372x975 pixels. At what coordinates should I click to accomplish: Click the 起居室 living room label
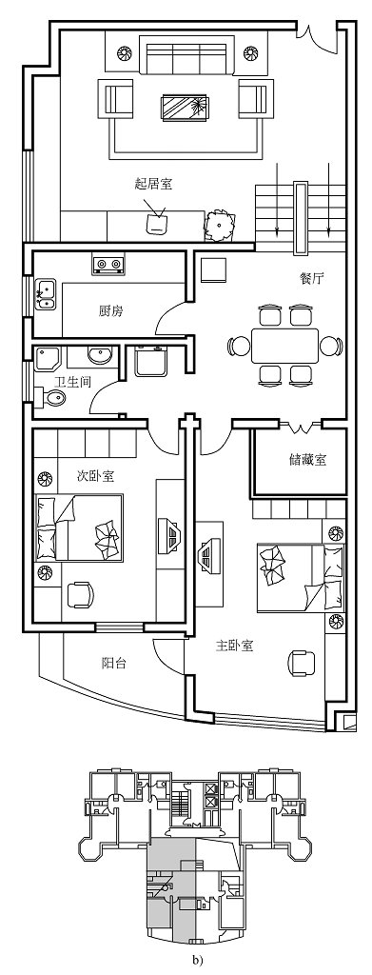(153, 184)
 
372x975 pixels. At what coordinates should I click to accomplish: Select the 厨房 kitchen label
(110, 311)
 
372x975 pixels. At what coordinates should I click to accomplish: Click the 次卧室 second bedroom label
(95, 475)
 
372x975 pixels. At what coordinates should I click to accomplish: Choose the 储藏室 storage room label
(307, 459)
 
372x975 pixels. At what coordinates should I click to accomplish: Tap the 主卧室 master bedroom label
(234, 646)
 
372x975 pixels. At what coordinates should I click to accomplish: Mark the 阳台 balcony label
(115, 663)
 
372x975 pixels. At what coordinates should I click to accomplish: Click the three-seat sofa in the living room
(186, 57)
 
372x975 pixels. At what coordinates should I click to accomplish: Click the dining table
(285, 344)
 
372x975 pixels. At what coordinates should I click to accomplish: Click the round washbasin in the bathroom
(98, 357)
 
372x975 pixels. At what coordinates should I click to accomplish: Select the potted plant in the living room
(220, 225)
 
